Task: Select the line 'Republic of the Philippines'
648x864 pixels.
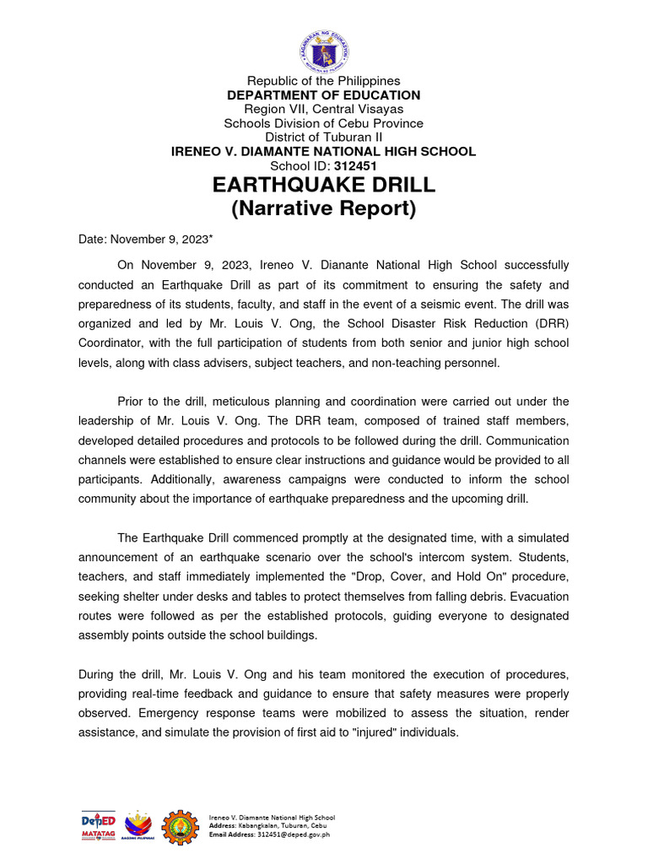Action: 323,81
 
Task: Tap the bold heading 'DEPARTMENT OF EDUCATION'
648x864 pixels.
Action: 323,95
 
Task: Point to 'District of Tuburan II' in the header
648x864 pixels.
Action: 323,137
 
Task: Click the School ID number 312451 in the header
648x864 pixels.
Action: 355,165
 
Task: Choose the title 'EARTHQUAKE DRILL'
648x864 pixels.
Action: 323,185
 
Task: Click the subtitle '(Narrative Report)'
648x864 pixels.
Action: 323,208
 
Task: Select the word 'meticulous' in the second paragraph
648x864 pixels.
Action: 254,401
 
